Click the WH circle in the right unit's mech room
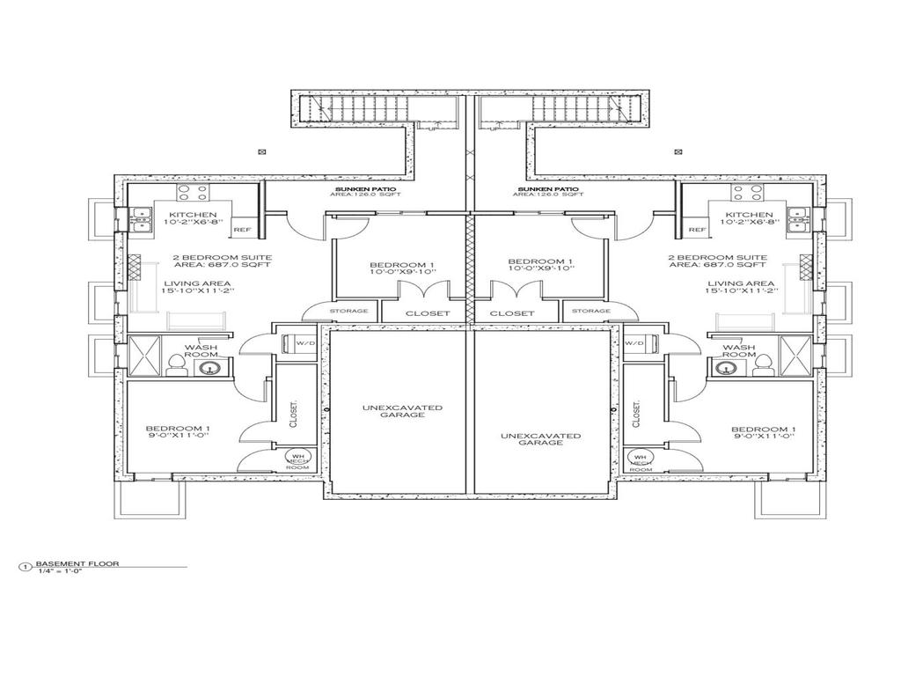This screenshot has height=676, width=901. [x=640, y=458]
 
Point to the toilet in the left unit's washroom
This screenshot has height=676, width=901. [x=176, y=362]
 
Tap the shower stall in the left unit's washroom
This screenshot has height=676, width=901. [x=143, y=356]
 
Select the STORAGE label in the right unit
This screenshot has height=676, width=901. [x=590, y=311]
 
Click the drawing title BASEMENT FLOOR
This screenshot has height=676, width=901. [x=77, y=563]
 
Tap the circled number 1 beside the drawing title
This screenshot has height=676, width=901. [x=26, y=567]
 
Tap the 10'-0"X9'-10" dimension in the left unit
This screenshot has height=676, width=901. [x=401, y=272]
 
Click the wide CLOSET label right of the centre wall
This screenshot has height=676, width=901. [x=511, y=313]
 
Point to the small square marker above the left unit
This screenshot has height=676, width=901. [x=261, y=151]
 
